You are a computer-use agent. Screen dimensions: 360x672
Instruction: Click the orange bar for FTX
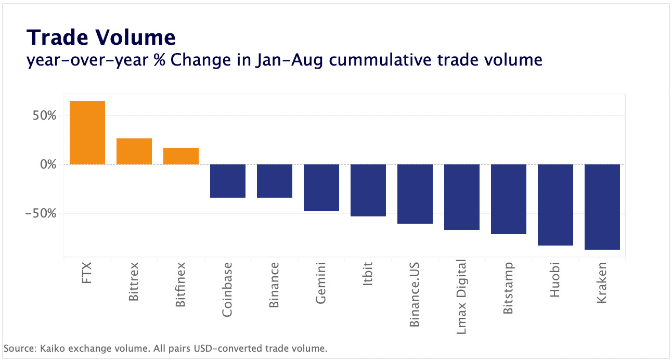87,133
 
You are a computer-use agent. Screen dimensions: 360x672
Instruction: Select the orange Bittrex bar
134,151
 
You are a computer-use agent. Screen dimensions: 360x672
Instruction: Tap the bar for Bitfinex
181,156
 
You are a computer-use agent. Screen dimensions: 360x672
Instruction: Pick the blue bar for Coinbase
228,181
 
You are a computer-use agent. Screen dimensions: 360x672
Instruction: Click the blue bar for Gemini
321,188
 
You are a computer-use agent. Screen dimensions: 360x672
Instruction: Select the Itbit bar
368,190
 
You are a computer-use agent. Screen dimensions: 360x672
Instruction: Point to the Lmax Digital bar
462,197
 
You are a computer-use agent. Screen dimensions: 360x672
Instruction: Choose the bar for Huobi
555,205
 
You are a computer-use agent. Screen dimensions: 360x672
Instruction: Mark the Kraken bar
602,207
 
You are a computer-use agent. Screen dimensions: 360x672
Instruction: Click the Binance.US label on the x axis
415,294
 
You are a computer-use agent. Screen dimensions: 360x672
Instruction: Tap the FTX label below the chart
87,274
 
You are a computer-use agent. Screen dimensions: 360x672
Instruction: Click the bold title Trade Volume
101,37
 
